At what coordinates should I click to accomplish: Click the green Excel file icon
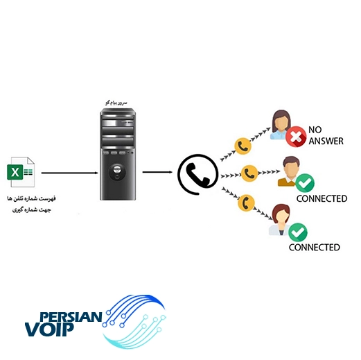tap(21, 172)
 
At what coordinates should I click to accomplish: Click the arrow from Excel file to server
tap(70, 173)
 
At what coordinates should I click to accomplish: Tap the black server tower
tap(118, 154)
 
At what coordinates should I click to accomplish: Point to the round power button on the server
tap(117, 172)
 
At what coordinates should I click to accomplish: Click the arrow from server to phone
tap(157, 172)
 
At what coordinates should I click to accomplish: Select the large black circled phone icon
tap(198, 174)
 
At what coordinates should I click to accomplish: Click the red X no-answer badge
tap(296, 137)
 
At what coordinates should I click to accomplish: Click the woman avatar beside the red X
tap(280, 125)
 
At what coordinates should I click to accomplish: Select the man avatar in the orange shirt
tap(289, 171)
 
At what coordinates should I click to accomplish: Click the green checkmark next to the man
tap(305, 183)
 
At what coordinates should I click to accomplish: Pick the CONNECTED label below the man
tap(322, 198)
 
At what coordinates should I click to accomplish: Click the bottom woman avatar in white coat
tap(280, 220)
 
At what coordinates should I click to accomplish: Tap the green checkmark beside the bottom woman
tap(298, 232)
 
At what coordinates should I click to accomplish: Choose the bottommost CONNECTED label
tap(314, 248)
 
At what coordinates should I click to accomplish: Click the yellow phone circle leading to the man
tap(249, 173)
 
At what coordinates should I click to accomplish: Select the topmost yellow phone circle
tap(243, 146)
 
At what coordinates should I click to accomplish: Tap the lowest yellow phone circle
tap(246, 203)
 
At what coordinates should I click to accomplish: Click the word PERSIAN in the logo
tap(71, 317)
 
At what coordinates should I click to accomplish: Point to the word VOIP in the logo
tap(49, 329)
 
